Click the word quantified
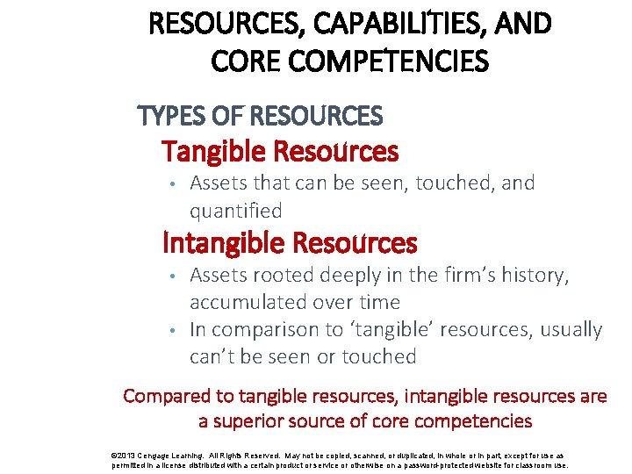point(236,211)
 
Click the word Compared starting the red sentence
point(164,396)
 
